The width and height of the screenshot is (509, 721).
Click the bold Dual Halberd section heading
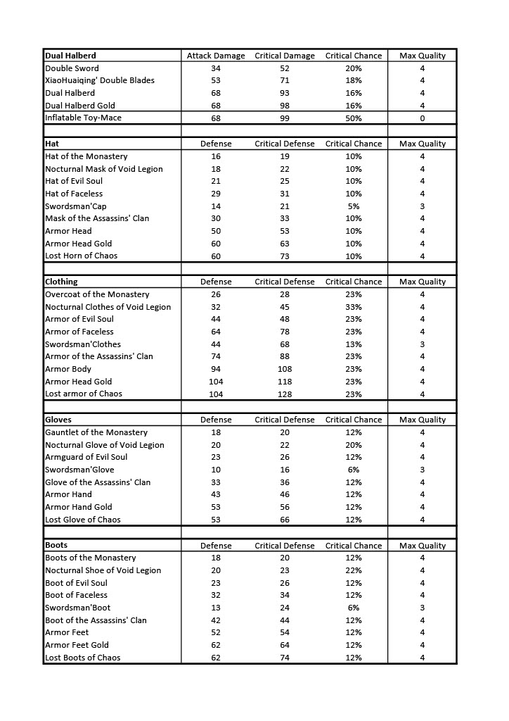pyautogui.click(x=70, y=56)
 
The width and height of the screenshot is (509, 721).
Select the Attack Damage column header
pyautogui.click(x=216, y=56)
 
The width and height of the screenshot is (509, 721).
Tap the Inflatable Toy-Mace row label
pyautogui.click(x=83, y=118)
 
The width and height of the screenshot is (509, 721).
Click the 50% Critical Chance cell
pyautogui.click(x=354, y=118)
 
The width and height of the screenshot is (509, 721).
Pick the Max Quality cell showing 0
pyautogui.click(x=422, y=118)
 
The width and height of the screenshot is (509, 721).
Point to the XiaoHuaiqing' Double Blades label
pyautogui.click(x=99, y=80)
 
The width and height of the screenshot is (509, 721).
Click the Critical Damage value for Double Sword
pyautogui.click(x=284, y=68)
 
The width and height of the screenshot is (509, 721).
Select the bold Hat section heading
pyautogui.click(x=52, y=144)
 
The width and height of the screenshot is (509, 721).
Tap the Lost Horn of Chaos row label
pyautogui.click(x=81, y=256)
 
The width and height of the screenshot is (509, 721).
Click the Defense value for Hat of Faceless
pyautogui.click(x=216, y=194)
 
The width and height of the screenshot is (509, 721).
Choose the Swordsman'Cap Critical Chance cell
pyautogui.click(x=354, y=206)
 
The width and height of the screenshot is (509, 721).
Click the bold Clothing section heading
pyautogui.click(x=61, y=282)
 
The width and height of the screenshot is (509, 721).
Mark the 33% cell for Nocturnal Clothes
pyautogui.click(x=354, y=307)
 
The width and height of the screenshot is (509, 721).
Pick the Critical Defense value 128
pyautogui.click(x=284, y=394)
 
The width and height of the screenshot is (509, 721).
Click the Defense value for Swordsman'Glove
pyautogui.click(x=216, y=470)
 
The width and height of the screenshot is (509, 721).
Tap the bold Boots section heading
pyautogui.click(x=56, y=546)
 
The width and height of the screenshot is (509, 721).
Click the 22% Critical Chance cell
pyautogui.click(x=354, y=570)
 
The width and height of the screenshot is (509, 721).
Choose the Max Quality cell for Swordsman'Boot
pyautogui.click(x=422, y=608)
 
